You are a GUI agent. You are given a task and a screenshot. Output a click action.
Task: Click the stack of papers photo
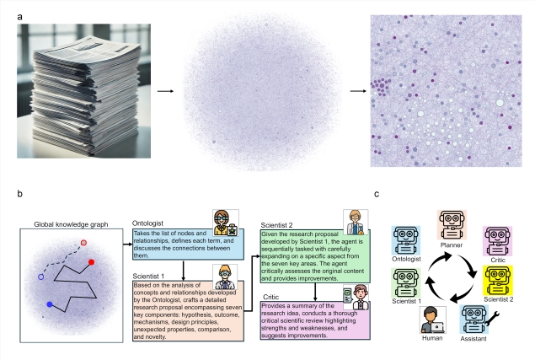tap(79, 89)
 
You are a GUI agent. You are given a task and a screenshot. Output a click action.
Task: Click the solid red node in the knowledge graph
tap(91, 262)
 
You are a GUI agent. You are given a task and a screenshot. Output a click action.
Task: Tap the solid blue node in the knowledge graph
tap(50, 304)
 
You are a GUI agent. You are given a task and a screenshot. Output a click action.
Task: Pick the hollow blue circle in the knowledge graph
tap(40, 276)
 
